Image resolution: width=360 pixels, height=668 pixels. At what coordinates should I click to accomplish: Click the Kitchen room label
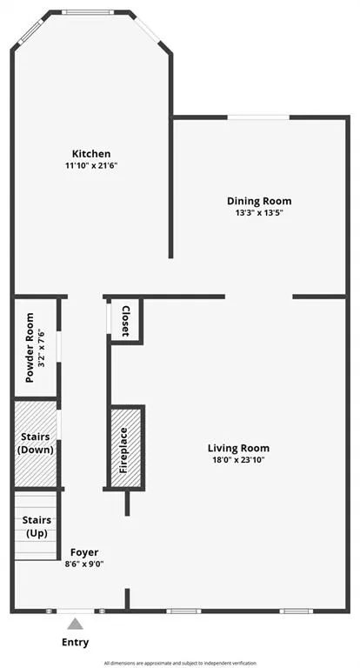click(x=91, y=154)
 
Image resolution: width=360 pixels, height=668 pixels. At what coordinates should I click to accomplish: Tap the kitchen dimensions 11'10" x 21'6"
click(x=91, y=165)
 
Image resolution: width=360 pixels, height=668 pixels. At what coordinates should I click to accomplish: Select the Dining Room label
click(x=259, y=201)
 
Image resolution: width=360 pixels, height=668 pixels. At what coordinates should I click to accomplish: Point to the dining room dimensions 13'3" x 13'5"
click(x=259, y=212)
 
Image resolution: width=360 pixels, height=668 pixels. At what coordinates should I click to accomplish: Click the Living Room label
click(x=238, y=448)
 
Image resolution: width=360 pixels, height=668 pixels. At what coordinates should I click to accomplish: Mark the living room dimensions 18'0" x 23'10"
click(x=238, y=459)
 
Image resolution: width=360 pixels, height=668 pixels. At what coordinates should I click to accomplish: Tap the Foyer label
click(x=84, y=552)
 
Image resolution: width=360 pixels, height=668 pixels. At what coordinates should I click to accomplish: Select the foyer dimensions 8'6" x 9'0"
click(x=84, y=564)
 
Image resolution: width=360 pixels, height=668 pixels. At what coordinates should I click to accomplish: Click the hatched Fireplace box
click(x=125, y=449)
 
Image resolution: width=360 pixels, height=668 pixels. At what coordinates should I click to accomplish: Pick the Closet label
click(x=126, y=321)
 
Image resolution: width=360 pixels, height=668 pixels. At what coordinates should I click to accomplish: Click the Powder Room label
click(x=29, y=348)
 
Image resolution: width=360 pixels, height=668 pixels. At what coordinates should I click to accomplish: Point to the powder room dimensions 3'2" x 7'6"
click(x=40, y=348)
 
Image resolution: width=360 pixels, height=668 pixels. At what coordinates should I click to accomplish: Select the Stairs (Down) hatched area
click(x=35, y=444)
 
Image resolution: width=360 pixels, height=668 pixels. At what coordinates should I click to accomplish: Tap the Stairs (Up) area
click(x=36, y=526)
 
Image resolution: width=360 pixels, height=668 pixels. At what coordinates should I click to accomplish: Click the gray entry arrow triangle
click(x=76, y=624)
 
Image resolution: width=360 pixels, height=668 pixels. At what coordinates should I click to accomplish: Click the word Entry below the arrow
click(x=76, y=643)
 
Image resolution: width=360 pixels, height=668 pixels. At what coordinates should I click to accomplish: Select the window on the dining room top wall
click(x=259, y=117)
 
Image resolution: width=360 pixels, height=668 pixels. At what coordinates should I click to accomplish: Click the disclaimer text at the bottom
click(x=180, y=663)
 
